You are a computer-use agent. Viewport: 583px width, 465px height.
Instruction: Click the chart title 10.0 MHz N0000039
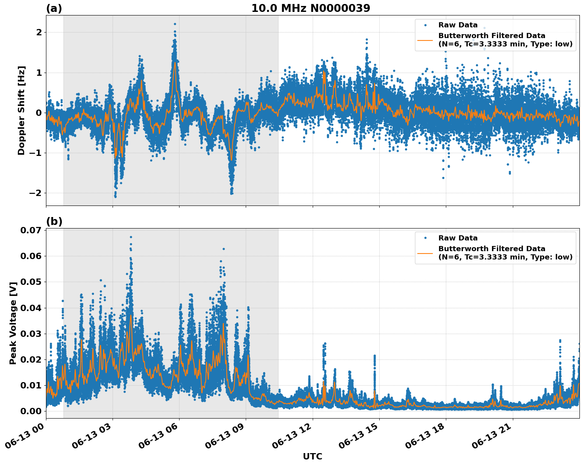pyautogui.click(x=311, y=8)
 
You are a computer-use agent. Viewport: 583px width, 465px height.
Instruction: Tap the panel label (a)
pyautogui.click(x=54, y=8)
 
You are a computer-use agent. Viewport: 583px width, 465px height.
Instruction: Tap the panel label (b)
pyautogui.click(x=54, y=221)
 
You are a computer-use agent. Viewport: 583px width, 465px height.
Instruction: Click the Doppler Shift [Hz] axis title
pyautogui.click(x=21, y=110)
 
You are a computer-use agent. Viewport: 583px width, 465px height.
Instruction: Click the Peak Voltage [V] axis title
pyautogui.click(x=13, y=323)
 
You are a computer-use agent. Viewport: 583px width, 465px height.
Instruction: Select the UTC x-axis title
pyautogui.click(x=312, y=456)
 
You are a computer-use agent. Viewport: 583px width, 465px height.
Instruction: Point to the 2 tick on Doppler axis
pyautogui.click(x=39, y=32)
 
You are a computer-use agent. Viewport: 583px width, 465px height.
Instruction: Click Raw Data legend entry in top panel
pyautogui.click(x=458, y=25)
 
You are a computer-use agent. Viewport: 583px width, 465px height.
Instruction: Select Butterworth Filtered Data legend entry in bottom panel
pyautogui.click(x=505, y=253)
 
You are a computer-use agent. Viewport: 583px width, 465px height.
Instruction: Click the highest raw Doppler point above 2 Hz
pyautogui.click(x=175, y=24)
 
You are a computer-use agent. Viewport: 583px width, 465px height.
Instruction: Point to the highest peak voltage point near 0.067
pyautogui.click(x=131, y=237)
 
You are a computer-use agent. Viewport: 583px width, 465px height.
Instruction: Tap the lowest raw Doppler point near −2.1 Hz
pyautogui.click(x=115, y=196)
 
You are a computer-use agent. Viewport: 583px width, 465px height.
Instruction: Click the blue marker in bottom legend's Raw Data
pyautogui.click(x=425, y=238)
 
